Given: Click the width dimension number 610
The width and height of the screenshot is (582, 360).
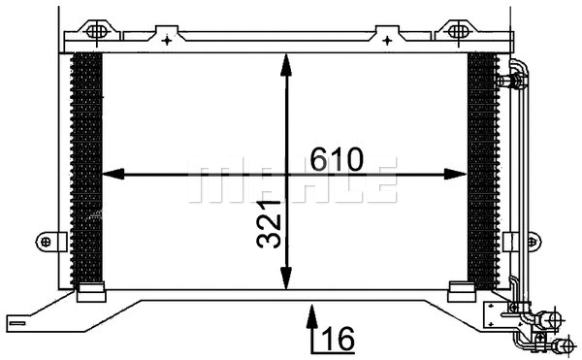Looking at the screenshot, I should click(337, 158).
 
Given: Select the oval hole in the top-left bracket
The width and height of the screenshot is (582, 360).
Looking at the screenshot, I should click(98, 31).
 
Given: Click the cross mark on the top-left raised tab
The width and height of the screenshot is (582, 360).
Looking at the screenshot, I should click(168, 40).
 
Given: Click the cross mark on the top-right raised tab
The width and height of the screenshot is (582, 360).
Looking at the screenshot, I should click(386, 40).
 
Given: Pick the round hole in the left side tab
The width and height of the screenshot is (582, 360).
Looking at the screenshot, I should click(46, 240).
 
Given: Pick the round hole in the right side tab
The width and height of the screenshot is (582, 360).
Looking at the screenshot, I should click(510, 240).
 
